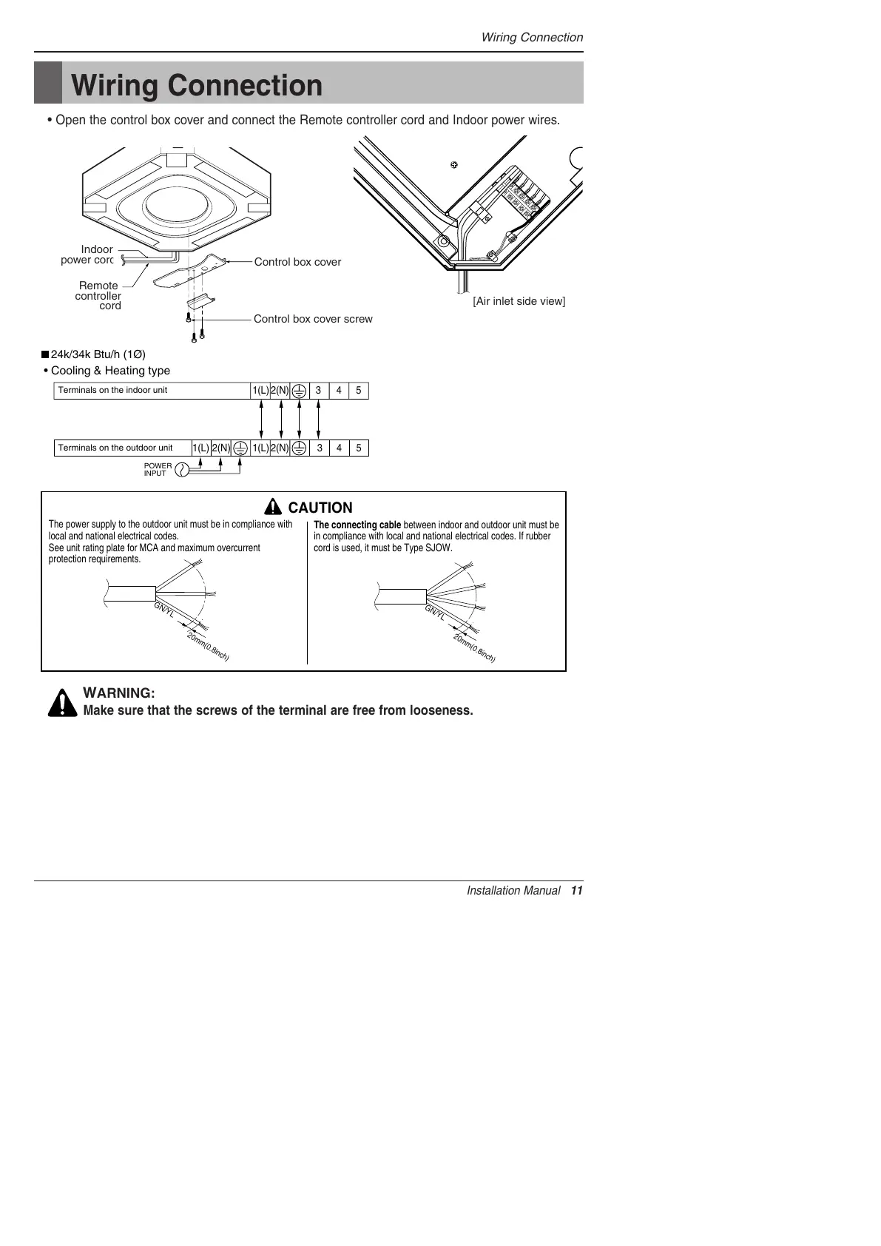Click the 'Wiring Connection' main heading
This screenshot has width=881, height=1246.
197,85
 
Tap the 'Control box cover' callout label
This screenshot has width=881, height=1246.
297,262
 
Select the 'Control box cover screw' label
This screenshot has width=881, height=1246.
313,319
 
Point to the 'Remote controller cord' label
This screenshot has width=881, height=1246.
98,295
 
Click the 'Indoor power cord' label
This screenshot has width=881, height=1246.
87,255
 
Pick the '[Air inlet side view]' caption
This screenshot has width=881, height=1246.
519,301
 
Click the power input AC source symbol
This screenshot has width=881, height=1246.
180,469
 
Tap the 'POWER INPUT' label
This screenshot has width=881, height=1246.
158,470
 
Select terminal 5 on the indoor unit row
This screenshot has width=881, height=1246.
359,391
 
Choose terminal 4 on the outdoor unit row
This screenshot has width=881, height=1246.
339,448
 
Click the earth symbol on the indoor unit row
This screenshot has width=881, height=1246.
299,391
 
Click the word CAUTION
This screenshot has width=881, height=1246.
320,508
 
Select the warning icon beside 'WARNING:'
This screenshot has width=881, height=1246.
63,703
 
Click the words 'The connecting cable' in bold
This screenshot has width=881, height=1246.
357,525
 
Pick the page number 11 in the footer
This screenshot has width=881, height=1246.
577,891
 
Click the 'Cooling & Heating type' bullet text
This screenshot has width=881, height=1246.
110,371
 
